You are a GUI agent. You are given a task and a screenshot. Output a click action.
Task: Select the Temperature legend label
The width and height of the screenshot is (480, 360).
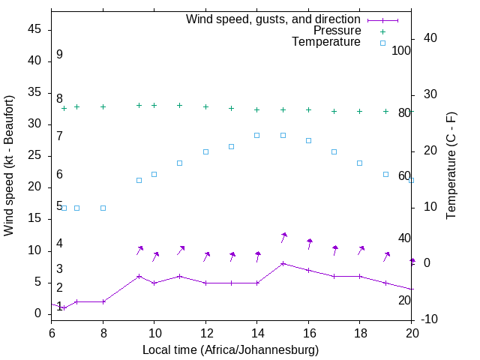click(x=326, y=42)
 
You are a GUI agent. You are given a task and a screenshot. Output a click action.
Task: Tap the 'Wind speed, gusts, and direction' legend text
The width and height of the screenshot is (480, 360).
click(x=273, y=19)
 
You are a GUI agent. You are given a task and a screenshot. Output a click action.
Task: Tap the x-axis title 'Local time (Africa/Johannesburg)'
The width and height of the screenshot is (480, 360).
click(x=230, y=349)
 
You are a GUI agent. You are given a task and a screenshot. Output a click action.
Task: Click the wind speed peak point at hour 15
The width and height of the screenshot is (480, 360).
click(x=283, y=263)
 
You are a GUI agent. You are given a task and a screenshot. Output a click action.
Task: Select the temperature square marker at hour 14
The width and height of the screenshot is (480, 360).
click(x=256, y=135)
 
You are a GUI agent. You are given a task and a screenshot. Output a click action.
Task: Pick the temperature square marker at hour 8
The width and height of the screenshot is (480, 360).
click(x=103, y=208)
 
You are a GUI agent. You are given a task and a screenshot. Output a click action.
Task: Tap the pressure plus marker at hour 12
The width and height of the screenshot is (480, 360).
click(x=205, y=106)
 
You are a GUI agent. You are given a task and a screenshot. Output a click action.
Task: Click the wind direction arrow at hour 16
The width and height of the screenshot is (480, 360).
click(x=308, y=244)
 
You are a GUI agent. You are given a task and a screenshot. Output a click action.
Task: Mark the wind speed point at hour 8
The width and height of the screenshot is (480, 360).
click(x=103, y=301)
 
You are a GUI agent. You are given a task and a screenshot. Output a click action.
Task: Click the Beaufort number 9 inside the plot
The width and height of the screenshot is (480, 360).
click(x=59, y=55)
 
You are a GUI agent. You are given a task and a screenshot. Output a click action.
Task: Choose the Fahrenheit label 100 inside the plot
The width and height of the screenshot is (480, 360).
click(x=401, y=51)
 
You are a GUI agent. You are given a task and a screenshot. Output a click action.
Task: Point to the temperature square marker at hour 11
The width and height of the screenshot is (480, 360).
click(x=179, y=163)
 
